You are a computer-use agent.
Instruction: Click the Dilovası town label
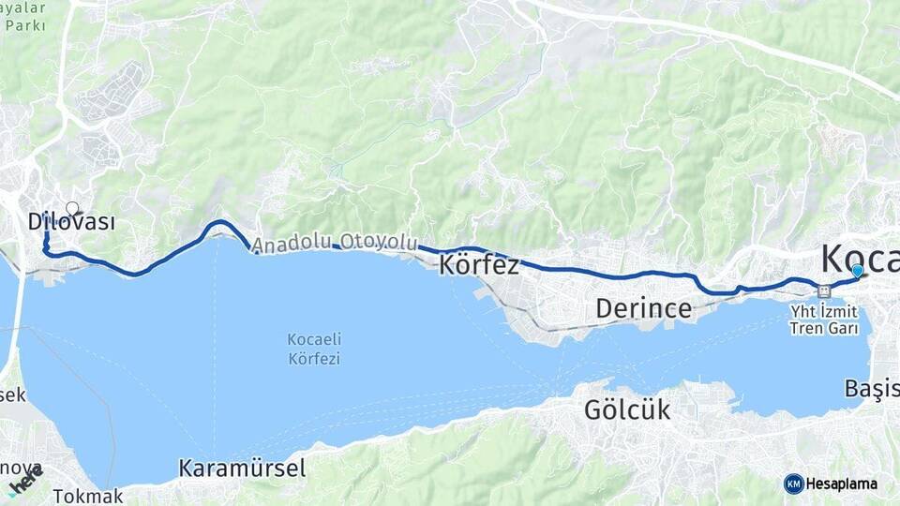[x=71, y=223]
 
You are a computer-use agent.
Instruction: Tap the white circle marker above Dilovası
[x=72, y=207]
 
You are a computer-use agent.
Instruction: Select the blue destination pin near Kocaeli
[x=857, y=271]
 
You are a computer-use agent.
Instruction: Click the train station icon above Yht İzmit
[x=822, y=290]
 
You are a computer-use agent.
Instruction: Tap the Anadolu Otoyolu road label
[x=335, y=243]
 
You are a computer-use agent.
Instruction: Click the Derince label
[x=644, y=308]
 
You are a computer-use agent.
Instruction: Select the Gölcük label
[x=627, y=409]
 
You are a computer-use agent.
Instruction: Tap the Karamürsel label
[x=242, y=468]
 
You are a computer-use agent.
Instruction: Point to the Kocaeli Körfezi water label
[x=314, y=348]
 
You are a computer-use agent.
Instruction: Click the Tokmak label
[x=88, y=496]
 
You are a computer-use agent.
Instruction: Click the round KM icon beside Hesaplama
[x=794, y=484]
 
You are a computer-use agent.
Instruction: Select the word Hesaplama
[x=842, y=484]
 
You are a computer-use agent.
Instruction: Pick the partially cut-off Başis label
[x=871, y=389]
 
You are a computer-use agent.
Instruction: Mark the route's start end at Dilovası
[x=45, y=218]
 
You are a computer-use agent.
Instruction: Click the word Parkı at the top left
[x=25, y=24]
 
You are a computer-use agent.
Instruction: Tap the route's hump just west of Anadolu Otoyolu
[x=219, y=222]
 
